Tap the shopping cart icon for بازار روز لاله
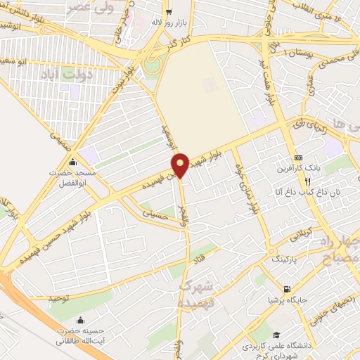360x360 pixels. (x=168, y=12)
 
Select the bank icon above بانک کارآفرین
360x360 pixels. (x=298, y=157)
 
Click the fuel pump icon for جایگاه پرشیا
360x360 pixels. (x=286, y=289)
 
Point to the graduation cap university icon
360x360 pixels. (x=277, y=335)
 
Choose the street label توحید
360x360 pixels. (x=59, y=299)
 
